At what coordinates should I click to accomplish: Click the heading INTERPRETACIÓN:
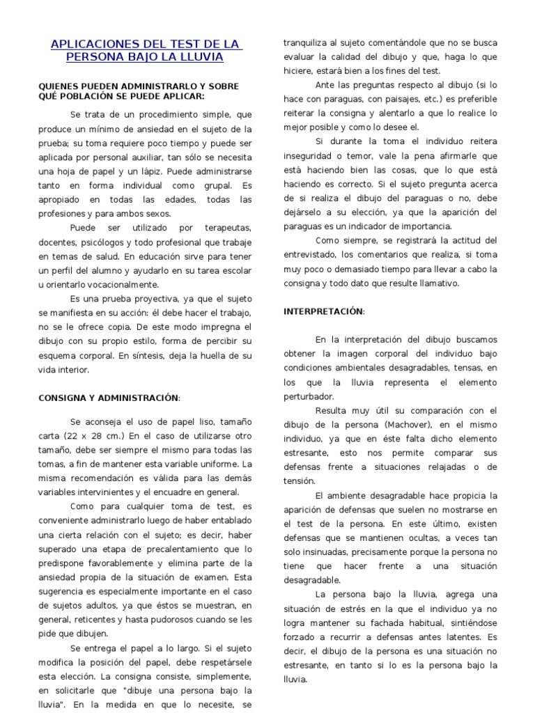pyautogui.click(x=324, y=311)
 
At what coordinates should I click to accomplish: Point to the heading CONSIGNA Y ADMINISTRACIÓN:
pyautogui.click(x=109, y=397)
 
